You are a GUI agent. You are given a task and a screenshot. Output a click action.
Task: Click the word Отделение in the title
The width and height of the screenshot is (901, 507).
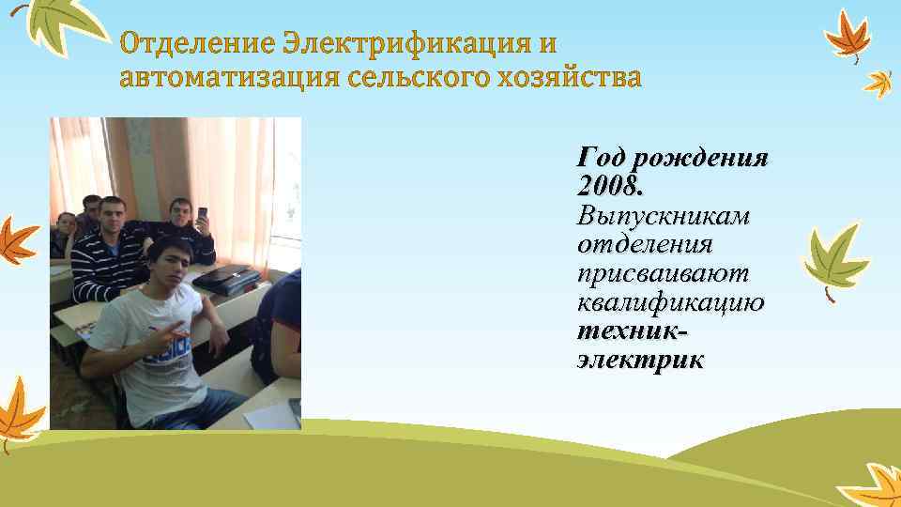tap(191, 44)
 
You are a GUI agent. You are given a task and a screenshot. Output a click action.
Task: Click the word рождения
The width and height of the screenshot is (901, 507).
tap(710, 156)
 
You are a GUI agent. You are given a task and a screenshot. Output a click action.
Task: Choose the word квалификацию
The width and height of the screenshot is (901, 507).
tap(672, 303)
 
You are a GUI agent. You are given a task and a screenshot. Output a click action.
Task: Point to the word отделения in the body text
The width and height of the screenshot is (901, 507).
tap(646, 244)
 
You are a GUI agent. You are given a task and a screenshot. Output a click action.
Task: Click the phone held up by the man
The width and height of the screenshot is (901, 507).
tap(202, 215)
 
